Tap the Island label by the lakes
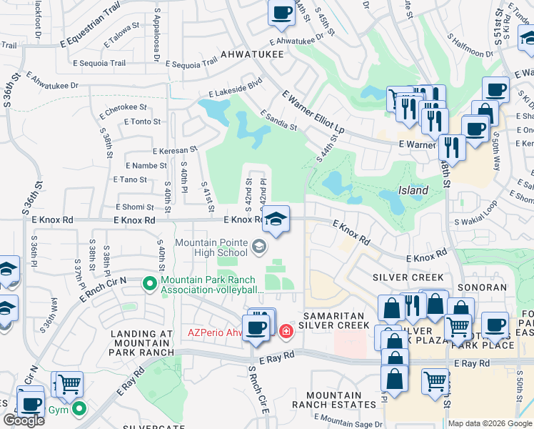tap(413, 191)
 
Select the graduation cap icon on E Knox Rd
tap(276, 220)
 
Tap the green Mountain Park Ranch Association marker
tap(149, 285)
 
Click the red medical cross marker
tap(286, 331)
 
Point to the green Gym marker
tap(79, 410)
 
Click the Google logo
tap(24, 420)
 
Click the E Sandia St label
tap(278, 120)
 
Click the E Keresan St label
tap(175, 150)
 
